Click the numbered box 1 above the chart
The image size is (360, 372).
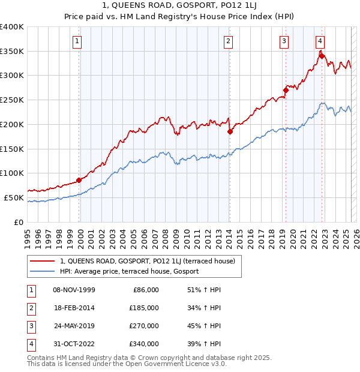coord(79,41)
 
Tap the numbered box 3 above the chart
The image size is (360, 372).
coord(284,41)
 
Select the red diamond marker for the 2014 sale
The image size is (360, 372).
coord(230,132)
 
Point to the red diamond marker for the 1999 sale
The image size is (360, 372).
coord(79,180)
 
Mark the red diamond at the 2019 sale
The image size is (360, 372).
coord(286,91)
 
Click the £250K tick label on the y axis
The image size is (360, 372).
coord(12,100)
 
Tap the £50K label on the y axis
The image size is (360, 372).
coord(14,197)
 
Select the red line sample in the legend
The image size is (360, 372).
coord(43,261)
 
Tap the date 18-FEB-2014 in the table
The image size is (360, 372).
coord(74,308)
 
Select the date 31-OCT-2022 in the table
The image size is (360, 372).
coord(74,344)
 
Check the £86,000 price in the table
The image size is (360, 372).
coord(145,290)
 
